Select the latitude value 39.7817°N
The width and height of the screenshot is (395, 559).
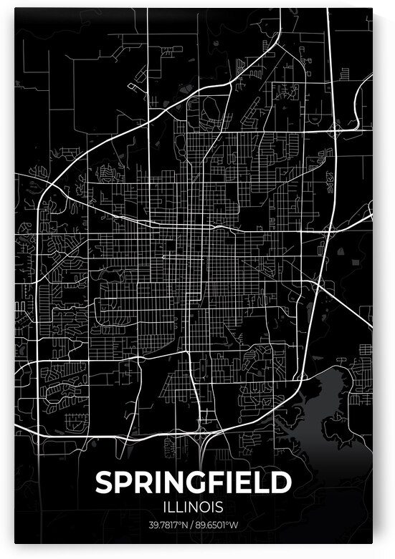click(x=166, y=526)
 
